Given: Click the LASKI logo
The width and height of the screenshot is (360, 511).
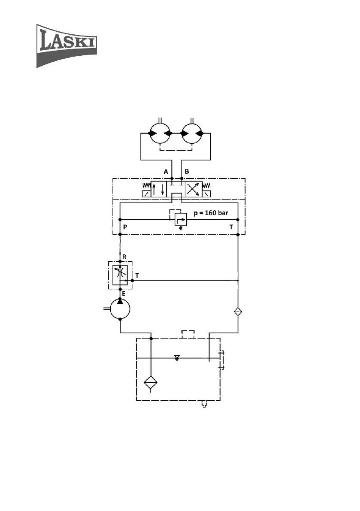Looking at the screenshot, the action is (x=66, y=45).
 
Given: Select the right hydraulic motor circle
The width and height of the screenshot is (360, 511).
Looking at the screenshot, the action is (x=193, y=133).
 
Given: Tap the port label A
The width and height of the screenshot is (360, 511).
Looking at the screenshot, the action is (x=166, y=172).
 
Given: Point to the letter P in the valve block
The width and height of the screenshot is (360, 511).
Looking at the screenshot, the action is (x=124, y=227).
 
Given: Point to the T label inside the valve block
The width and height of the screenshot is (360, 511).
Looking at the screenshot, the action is (x=231, y=227).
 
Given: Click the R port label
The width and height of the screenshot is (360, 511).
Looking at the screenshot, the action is (x=124, y=257).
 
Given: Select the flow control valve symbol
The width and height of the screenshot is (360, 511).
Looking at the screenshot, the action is (x=120, y=275).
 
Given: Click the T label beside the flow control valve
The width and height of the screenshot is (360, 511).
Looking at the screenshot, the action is (x=137, y=275).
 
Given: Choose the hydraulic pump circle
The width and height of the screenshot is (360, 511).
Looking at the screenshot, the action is (x=120, y=309).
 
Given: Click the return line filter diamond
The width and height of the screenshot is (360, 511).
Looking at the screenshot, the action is (x=238, y=311).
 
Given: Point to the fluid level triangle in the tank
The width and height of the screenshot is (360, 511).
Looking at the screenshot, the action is (x=177, y=358).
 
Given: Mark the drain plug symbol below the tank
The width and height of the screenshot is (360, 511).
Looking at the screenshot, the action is (x=204, y=404).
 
